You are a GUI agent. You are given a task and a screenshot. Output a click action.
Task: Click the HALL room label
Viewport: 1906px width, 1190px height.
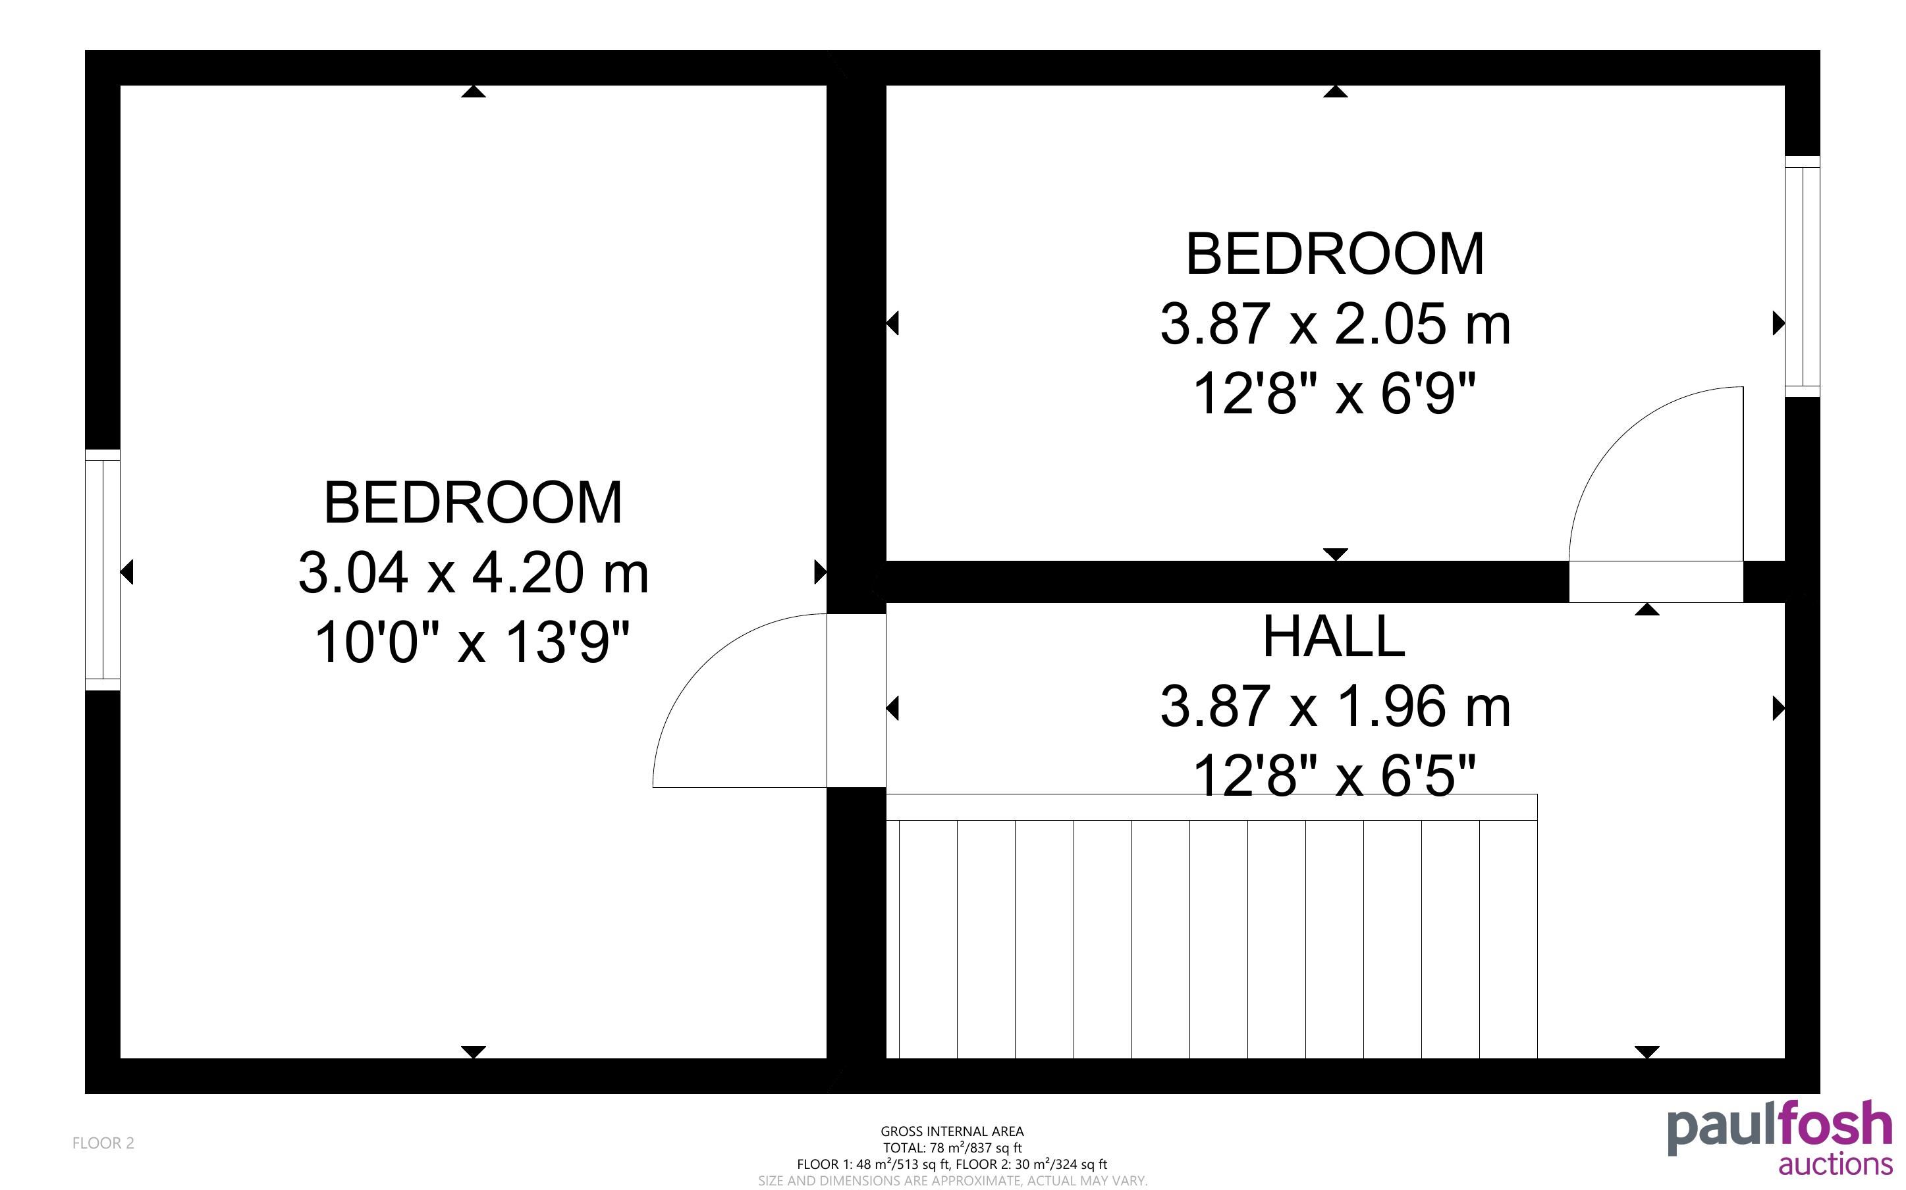[1334, 636]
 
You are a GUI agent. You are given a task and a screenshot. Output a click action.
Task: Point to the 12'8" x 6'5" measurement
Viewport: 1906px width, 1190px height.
[1334, 775]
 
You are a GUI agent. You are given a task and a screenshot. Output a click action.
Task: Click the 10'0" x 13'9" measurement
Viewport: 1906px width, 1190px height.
[472, 642]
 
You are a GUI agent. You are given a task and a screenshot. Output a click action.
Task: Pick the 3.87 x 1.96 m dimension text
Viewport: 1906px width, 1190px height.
[1335, 706]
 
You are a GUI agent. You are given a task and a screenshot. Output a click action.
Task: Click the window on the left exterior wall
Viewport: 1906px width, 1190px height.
[102, 570]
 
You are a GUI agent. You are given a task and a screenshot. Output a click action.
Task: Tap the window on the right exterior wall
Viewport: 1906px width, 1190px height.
[1802, 276]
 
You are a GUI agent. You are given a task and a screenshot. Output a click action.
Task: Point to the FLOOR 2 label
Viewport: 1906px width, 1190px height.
[103, 1143]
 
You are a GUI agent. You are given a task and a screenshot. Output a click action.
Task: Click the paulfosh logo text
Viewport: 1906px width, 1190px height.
[1780, 1129]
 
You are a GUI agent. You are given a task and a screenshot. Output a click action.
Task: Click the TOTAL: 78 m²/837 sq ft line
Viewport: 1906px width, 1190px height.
[952, 1147]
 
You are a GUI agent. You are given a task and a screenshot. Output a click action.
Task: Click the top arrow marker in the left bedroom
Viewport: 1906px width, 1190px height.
[473, 91]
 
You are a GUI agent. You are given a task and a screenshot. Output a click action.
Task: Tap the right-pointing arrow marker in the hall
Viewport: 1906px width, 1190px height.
[1778, 709]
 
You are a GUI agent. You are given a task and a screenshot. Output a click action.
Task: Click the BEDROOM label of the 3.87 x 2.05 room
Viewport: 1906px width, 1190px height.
[1334, 254]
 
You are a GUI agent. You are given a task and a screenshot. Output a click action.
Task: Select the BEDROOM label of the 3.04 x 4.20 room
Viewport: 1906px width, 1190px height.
[473, 503]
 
